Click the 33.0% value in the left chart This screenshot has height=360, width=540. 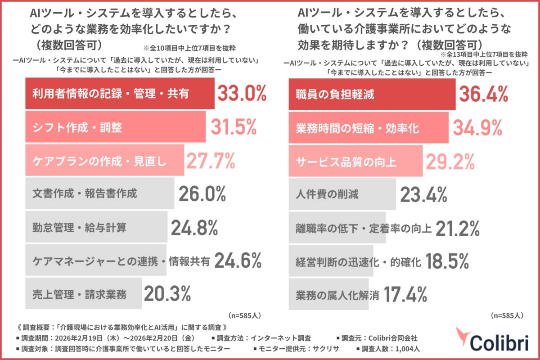(x=242, y=94)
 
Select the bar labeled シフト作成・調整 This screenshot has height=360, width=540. (x=115, y=128)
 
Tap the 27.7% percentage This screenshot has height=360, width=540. (x=211, y=161)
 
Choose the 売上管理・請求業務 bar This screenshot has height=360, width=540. (x=84, y=294)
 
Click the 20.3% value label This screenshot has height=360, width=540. (x=167, y=294)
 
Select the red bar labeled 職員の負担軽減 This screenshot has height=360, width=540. (x=372, y=94)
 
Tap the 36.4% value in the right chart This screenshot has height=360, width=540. (x=483, y=94)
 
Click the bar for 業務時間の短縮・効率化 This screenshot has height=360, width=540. (x=368, y=128)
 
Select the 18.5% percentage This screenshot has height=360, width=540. (x=447, y=261)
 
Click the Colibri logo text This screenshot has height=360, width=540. (x=499, y=341)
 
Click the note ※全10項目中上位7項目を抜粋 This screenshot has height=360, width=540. (x=193, y=48)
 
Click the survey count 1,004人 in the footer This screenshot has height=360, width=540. (x=408, y=348)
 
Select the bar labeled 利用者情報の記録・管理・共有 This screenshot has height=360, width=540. (x=119, y=94)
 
